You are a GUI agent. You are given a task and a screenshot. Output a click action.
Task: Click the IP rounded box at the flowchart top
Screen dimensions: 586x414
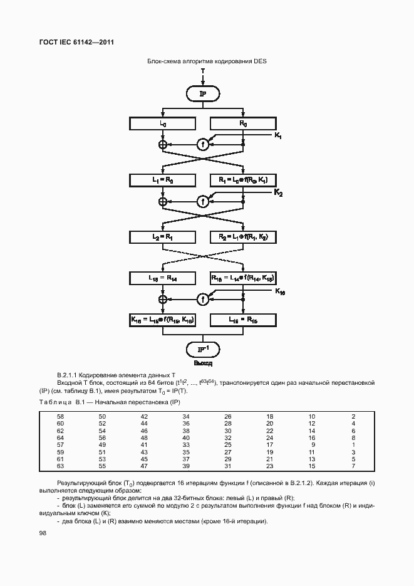tap(202, 93)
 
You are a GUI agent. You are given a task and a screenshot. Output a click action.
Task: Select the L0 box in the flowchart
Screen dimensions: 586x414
tap(163, 124)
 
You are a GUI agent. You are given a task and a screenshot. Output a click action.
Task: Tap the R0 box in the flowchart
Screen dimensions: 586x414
tap(242, 124)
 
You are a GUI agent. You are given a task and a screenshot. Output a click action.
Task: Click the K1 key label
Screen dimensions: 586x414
tap(278, 136)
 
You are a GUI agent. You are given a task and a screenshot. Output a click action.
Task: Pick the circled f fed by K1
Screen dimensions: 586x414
tap(202, 144)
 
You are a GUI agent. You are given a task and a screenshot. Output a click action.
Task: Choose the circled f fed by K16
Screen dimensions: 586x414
tap(202, 299)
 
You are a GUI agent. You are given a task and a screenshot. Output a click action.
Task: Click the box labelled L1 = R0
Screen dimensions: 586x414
tap(163, 181)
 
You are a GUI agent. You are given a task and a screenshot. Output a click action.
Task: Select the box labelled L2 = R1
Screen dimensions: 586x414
tap(163, 237)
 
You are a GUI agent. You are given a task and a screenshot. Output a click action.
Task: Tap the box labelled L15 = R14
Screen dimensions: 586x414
tap(163, 277)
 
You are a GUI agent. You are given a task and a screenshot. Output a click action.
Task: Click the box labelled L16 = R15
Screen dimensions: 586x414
tap(242, 320)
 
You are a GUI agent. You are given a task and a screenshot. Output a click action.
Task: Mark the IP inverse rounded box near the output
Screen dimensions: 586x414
tap(202, 348)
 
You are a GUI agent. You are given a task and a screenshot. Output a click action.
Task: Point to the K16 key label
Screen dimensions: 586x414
tap(279, 292)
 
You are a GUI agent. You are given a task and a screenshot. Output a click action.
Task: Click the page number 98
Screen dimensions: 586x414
tap(43, 533)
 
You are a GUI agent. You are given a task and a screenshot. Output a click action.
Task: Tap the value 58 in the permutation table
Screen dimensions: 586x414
tap(61, 416)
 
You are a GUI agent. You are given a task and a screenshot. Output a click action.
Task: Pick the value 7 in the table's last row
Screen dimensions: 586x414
tap(353, 467)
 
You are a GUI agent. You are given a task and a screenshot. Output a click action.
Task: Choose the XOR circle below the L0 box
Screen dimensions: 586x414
tap(163, 144)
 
